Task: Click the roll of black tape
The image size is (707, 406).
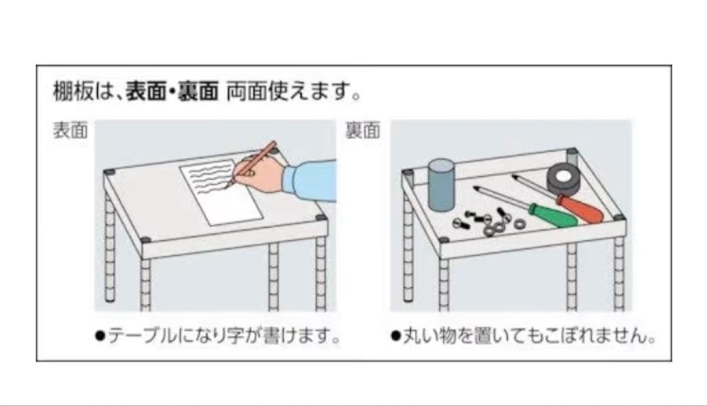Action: pos(565,179)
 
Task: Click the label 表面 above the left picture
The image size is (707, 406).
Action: pos(70,131)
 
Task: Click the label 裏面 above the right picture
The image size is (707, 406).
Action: pos(363,131)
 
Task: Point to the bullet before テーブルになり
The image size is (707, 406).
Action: pos(100,337)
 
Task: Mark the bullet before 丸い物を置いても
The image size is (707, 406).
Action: pos(395,337)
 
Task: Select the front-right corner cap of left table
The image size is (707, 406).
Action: pos(320,218)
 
